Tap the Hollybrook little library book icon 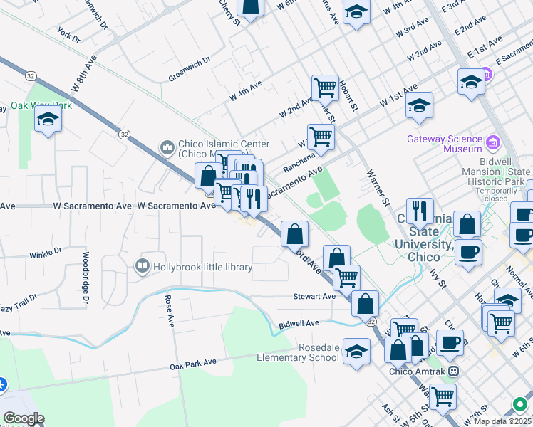click(x=142, y=267)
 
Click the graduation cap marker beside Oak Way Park click(x=48, y=119)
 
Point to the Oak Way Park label click(x=41, y=105)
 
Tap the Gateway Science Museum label click(x=445, y=144)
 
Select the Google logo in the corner click(x=23, y=418)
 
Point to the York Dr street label click(x=69, y=33)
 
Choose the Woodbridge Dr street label click(x=85, y=278)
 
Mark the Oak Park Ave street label click(x=192, y=363)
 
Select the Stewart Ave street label click(x=314, y=296)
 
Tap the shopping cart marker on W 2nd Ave click(x=325, y=88)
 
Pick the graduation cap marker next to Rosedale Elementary click(x=356, y=352)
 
